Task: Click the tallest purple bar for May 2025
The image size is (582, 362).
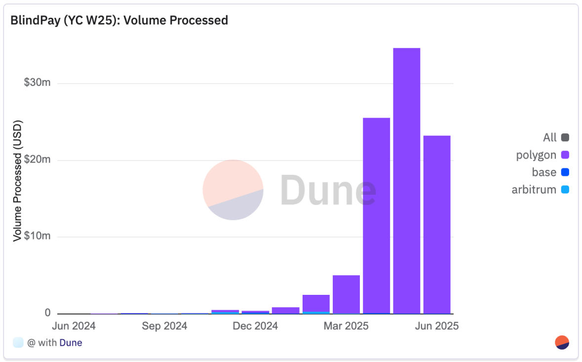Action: tap(406, 180)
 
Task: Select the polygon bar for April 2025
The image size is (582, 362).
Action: tap(376, 215)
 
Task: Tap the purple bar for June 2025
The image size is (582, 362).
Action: tap(437, 224)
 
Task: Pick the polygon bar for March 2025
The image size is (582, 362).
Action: tap(346, 294)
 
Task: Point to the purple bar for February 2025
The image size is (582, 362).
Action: tap(316, 303)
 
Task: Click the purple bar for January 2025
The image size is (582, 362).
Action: tap(285, 310)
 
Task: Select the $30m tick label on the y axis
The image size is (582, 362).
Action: tap(38, 82)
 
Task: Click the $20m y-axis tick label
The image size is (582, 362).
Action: tap(38, 160)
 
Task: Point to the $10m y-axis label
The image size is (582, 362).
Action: tap(38, 236)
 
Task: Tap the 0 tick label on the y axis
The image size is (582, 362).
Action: tap(47, 313)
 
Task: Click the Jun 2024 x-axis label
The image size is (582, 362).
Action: tap(74, 326)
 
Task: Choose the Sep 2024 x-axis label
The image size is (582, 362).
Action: tap(165, 326)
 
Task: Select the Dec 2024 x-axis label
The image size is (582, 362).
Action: tap(255, 326)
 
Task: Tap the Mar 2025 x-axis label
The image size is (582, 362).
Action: tap(346, 326)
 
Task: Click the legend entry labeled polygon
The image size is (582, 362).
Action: tap(542, 155)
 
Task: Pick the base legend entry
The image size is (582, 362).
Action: tap(550, 172)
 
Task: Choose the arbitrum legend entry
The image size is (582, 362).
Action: tap(540, 190)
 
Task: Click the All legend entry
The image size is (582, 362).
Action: tap(555, 138)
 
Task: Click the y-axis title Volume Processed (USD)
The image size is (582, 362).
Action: tap(18, 181)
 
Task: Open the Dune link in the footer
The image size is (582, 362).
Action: tap(71, 343)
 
